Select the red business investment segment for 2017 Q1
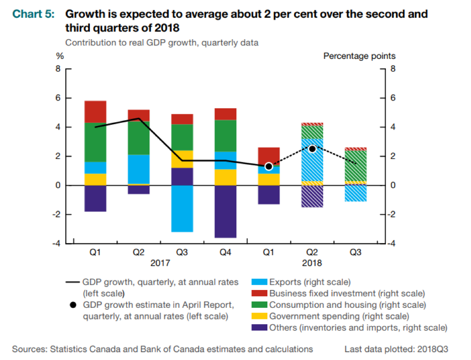coord(95,112)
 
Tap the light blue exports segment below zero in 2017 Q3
coord(182,208)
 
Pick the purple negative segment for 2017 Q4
coord(226,211)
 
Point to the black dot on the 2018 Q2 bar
coord(312,148)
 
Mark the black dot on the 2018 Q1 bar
coord(269,166)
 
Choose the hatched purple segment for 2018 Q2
coord(312,196)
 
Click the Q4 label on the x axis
coord(226,252)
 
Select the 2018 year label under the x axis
coord(312,263)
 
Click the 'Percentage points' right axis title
coord(359,56)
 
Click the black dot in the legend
coord(73,305)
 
